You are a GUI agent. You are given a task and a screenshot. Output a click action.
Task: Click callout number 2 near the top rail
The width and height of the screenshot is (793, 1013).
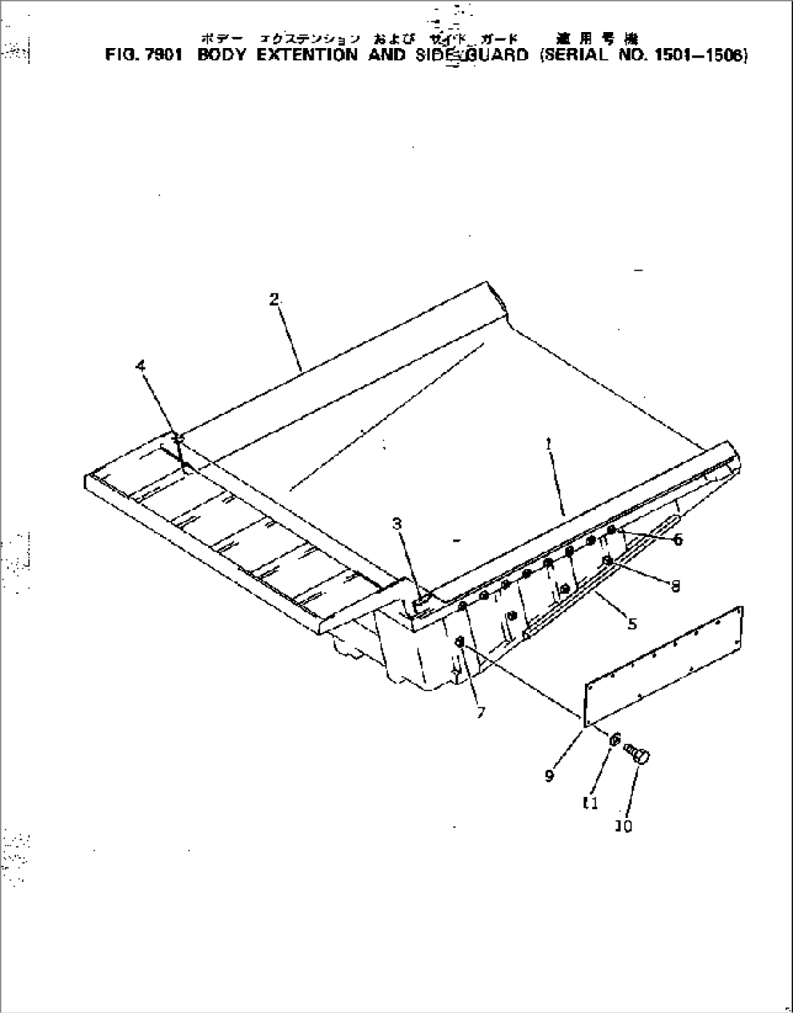tap(274, 299)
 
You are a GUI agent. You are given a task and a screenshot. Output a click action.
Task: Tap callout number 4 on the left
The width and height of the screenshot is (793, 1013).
tap(141, 366)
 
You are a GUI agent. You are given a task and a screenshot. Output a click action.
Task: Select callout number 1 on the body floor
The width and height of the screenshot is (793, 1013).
tap(549, 443)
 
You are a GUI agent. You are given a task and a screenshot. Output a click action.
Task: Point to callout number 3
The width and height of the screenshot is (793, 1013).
tap(396, 523)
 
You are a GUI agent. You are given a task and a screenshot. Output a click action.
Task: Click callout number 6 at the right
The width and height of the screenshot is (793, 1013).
tap(677, 540)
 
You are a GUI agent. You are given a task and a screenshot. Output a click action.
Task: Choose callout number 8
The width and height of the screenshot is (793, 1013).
tap(676, 586)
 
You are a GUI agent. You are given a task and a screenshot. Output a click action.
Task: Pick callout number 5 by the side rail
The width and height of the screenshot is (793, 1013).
tap(632, 624)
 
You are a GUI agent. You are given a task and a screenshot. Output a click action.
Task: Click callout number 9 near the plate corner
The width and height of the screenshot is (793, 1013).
tap(549, 776)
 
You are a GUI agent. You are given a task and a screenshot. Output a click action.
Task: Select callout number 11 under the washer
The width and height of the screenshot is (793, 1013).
tap(591, 803)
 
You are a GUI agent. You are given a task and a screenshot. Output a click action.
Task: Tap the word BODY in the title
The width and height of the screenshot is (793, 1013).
tap(221, 55)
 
